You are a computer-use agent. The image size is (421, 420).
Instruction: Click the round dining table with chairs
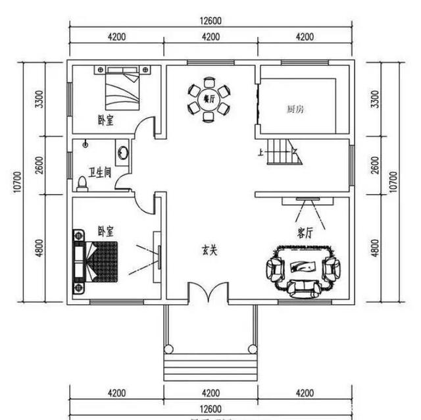[x=209, y=100]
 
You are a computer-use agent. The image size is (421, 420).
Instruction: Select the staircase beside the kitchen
[x=283, y=153]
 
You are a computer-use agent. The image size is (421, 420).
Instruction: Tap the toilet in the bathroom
[x=82, y=182]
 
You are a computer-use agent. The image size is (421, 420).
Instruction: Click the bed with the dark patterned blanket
[x=97, y=261]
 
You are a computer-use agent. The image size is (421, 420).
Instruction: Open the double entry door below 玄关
[x=209, y=293]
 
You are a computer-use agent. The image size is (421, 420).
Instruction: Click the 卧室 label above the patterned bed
[x=105, y=231]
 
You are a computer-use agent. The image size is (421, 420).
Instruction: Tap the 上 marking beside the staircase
[x=261, y=153]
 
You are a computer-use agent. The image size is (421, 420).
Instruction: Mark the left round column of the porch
[x=169, y=348]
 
